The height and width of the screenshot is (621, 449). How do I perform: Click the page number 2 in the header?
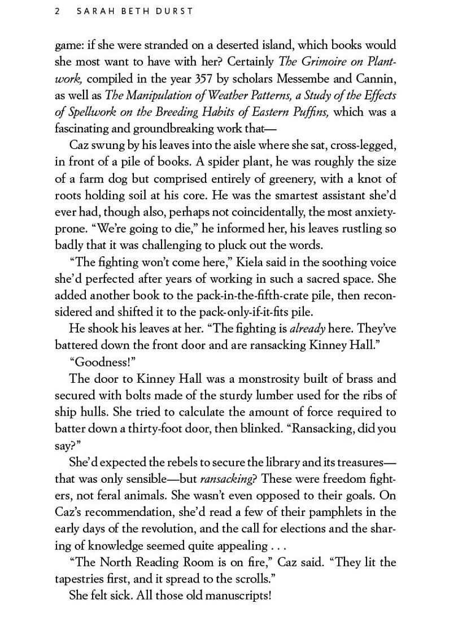[x=58, y=11]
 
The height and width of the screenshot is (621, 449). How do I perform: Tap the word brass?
[x=360, y=378]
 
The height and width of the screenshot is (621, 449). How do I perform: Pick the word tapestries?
[x=85, y=579]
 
